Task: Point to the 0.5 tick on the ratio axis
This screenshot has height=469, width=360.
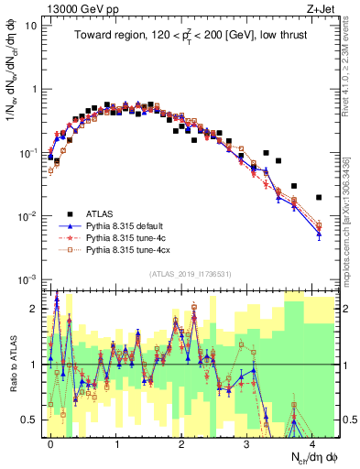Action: point(35,420)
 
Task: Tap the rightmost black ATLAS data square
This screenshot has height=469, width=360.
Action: point(319,197)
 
